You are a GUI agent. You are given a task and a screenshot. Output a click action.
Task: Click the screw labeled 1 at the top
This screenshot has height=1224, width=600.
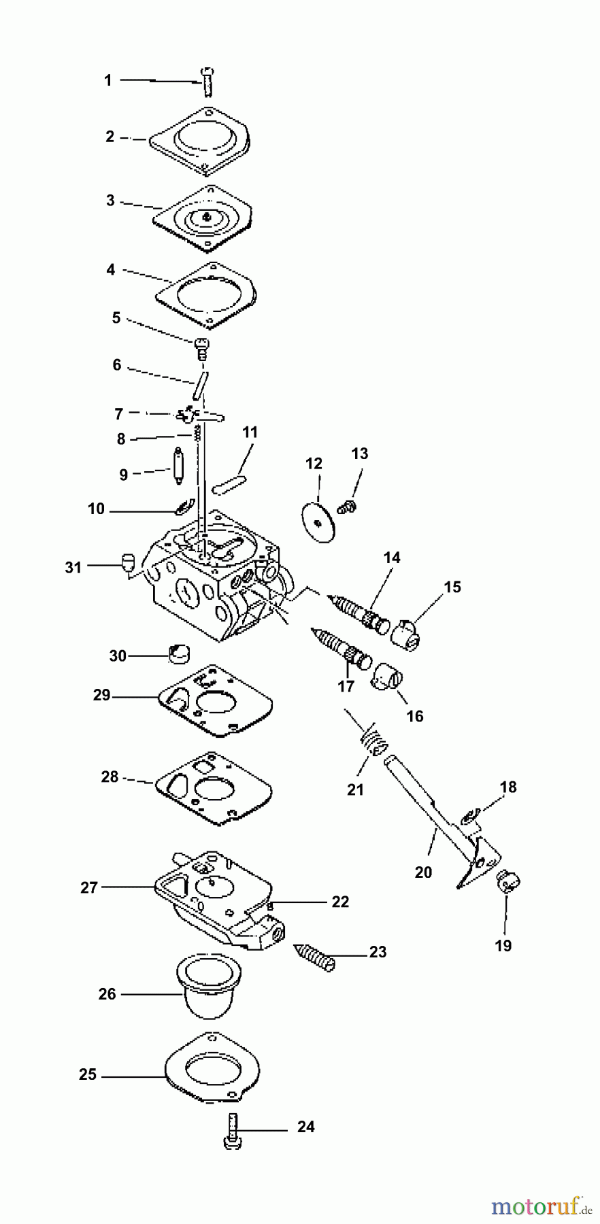tap(207, 82)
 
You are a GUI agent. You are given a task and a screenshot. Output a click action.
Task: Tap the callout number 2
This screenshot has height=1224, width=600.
tap(110, 137)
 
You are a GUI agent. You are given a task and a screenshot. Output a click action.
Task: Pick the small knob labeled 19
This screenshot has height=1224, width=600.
tap(508, 883)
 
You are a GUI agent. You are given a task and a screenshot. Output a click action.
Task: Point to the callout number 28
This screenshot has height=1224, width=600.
tap(110, 777)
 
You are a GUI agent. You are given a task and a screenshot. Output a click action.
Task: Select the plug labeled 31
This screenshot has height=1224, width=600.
tap(126, 561)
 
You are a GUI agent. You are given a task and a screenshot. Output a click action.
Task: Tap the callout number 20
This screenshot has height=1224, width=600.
tap(423, 872)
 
